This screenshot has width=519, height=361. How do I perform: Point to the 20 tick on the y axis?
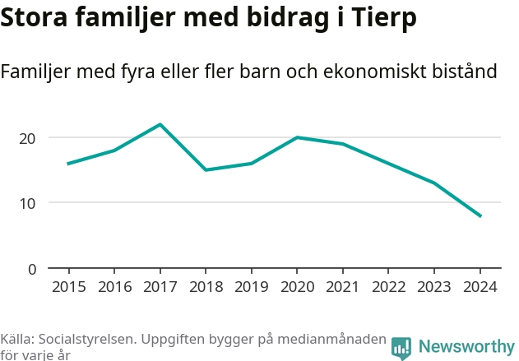click(x=27, y=138)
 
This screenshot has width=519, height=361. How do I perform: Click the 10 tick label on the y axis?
click(x=27, y=203)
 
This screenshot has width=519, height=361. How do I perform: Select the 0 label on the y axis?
click(x=32, y=269)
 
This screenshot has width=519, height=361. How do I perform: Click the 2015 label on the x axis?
click(x=68, y=286)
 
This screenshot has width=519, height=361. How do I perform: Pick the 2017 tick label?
click(x=160, y=286)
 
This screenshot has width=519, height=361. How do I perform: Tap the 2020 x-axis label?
click(x=297, y=286)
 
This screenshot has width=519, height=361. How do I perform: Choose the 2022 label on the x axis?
click(x=388, y=286)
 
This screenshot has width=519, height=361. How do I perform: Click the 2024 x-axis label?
click(x=480, y=286)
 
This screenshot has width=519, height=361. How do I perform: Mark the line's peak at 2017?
click(x=160, y=124)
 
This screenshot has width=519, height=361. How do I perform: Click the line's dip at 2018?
click(x=206, y=170)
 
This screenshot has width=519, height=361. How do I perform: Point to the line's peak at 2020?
click(x=297, y=137)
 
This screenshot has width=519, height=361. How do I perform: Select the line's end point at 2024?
click(x=480, y=216)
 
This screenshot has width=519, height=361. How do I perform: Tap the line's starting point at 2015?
click(x=68, y=164)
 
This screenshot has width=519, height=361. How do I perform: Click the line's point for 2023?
click(x=434, y=183)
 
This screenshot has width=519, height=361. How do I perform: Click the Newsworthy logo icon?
click(x=401, y=348)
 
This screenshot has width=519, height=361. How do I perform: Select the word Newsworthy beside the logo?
click(x=466, y=347)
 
